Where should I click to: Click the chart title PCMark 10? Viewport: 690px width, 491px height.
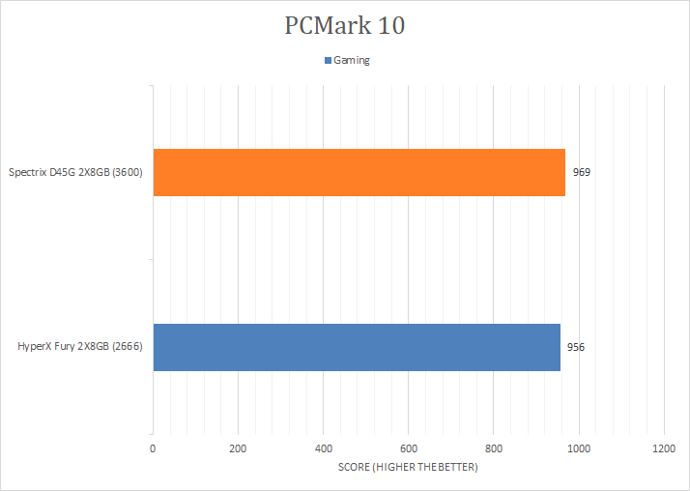[345, 26]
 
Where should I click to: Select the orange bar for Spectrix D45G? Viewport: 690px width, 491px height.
[359, 172]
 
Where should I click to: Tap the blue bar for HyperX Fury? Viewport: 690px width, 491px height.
[357, 347]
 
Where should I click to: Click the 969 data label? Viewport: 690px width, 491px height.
[581, 173]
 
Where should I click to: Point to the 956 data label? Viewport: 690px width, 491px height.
[576, 347]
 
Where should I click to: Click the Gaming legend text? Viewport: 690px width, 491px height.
[352, 60]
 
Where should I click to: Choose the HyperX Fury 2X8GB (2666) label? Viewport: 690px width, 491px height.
[80, 347]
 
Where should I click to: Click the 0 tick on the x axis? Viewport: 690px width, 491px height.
[153, 448]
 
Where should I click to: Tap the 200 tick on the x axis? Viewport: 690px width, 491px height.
[238, 448]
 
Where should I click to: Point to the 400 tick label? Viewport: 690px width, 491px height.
[323, 448]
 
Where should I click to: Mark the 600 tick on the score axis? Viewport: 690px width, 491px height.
[408, 448]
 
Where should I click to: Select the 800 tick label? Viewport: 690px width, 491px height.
[493, 448]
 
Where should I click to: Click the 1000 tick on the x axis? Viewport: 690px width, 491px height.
[578, 448]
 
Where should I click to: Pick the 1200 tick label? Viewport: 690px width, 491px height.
[663, 448]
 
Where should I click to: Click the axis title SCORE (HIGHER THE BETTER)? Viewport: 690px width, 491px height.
[408, 468]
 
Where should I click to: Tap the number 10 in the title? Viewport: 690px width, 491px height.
[390, 26]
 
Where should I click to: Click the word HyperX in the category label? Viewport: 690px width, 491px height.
[36, 347]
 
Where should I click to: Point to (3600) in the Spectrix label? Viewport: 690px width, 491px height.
[128, 173]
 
